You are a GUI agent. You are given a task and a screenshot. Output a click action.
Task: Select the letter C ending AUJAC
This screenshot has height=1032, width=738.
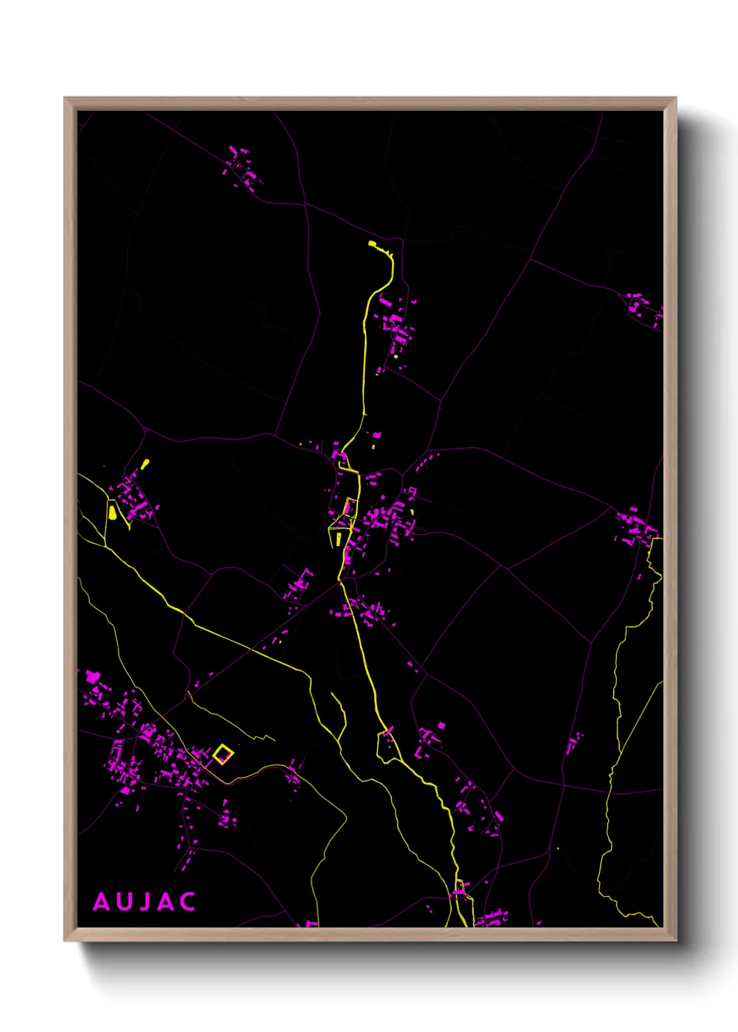187,902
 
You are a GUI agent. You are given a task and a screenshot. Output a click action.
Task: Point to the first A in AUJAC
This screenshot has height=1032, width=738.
101,902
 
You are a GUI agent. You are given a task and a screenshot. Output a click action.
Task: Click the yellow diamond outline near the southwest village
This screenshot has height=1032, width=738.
223,754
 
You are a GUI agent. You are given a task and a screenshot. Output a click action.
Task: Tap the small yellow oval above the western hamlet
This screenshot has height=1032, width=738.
145,463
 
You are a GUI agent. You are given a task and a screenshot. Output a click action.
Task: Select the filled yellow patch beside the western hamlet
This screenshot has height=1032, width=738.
112,513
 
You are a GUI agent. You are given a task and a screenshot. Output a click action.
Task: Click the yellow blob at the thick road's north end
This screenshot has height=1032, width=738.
372,244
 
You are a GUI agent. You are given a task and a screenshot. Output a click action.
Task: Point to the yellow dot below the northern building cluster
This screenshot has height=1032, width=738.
396,356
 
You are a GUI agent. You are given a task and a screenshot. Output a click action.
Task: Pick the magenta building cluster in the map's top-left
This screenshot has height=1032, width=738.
242,167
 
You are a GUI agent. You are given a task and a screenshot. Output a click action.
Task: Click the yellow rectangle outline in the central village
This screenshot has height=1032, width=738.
350,506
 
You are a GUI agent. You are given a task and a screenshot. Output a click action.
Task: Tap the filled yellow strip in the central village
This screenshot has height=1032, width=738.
339,538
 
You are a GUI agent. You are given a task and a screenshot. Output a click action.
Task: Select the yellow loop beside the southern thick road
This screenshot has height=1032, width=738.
386,747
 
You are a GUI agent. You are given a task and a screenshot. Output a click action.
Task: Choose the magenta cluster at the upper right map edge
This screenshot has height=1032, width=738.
643,309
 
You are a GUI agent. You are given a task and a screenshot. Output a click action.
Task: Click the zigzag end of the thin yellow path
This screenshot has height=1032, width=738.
265,736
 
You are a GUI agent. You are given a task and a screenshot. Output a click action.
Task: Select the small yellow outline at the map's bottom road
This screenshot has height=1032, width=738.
460,890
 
